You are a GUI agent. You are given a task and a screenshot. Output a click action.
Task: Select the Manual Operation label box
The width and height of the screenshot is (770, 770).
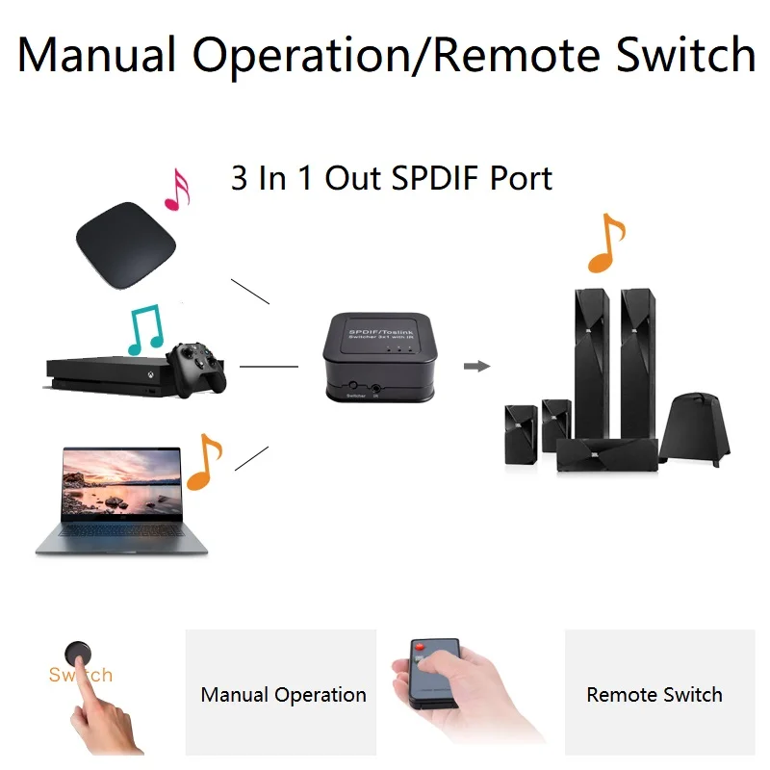coord(282,693)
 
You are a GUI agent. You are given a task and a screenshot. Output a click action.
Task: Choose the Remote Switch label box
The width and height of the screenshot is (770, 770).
coord(654,693)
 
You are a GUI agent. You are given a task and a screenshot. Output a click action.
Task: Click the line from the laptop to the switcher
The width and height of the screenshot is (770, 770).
coord(252,457)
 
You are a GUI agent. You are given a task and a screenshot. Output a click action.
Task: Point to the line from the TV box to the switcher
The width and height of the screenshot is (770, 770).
coord(250,291)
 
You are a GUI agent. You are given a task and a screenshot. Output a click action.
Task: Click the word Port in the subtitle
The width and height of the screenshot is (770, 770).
coord(521,179)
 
